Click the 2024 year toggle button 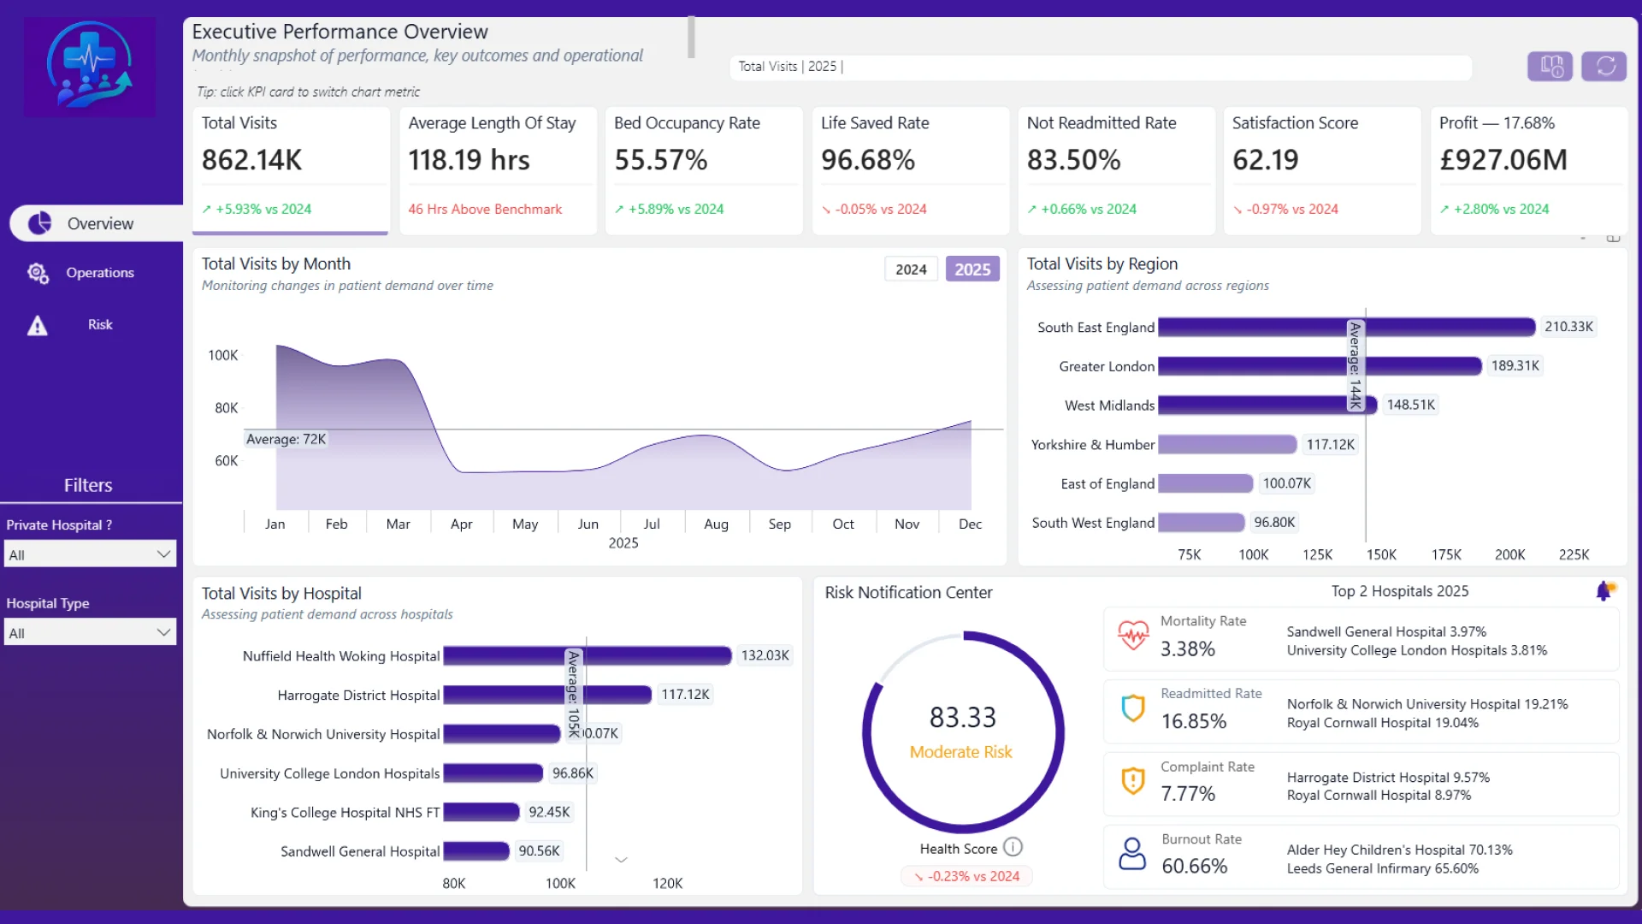coord(911,269)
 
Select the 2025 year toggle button coord(972,269)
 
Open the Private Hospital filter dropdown coord(90,554)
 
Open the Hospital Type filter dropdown coord(90,633)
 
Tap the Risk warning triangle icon coord(38,326)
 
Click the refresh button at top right coord(1604,66)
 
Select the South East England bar coord(1346,327)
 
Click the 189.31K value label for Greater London coord(1515,366)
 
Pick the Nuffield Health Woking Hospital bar coord(587,655)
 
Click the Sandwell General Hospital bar coord(475,851)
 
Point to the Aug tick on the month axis coord(716,524)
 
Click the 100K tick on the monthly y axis coord(223,355)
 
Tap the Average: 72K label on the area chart coord(286,439)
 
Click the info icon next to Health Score coord(1013,847)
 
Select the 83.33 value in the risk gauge coord(963,717)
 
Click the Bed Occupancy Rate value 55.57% coord(661,160)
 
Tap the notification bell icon coord(1605,590)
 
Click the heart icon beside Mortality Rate coord(1133,635)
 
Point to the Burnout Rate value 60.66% coord(1194,866)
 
